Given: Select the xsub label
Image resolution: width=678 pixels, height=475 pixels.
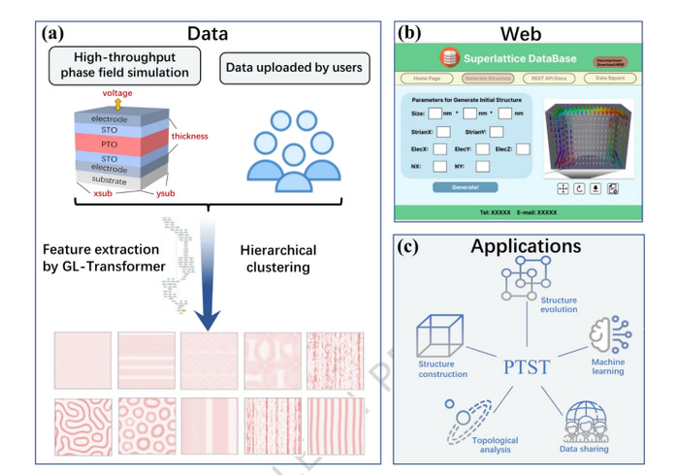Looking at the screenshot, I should click(92, 197).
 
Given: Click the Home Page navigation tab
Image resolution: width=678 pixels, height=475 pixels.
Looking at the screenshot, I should click(427, 78).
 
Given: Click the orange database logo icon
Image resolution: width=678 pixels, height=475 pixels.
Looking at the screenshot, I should click(449, 57).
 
